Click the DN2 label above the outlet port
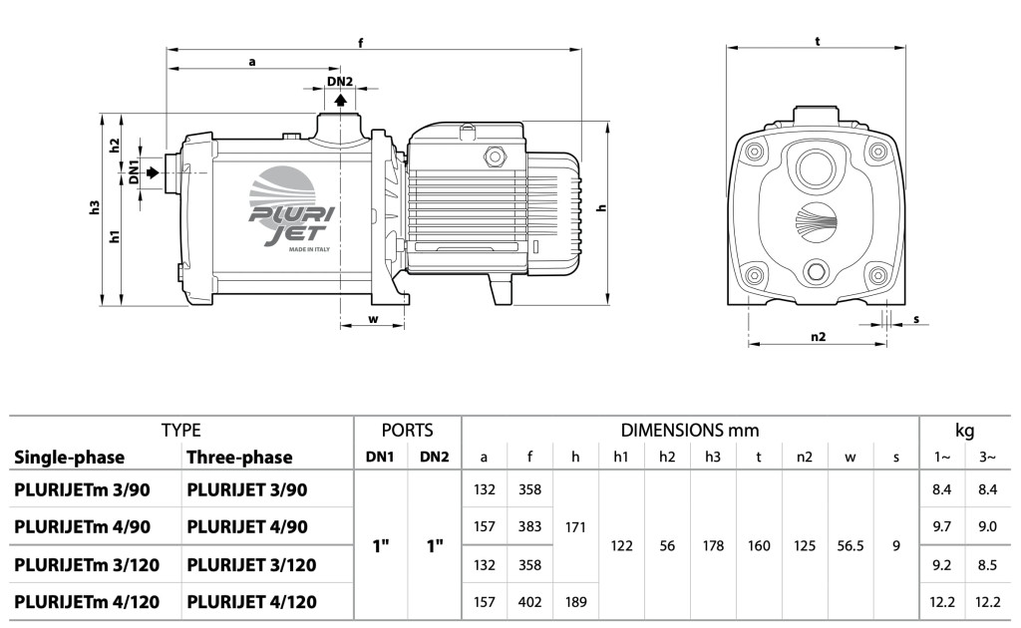340,82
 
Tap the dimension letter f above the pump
360,42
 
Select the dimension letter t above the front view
818,42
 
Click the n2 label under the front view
818,337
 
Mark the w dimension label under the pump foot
373,319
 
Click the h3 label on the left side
94,208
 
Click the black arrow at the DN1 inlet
152,172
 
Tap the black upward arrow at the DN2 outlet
340,100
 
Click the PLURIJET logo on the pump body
283,212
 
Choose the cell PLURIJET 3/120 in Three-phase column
251,565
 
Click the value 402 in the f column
529,603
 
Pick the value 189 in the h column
575,603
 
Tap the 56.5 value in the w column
850,546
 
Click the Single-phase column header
69,458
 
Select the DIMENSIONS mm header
690,431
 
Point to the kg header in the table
964,431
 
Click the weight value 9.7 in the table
941,526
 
